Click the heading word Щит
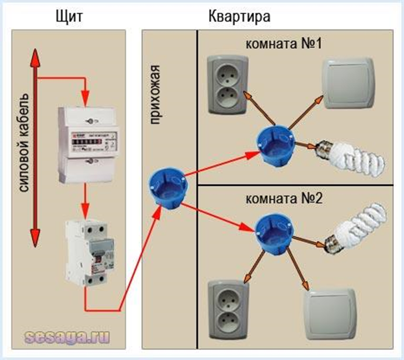click(x=69, y=16)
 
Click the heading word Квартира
click(x=240, y=16)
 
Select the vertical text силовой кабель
click(x=24, y=143)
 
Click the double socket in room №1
click(x=225, y=86)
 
